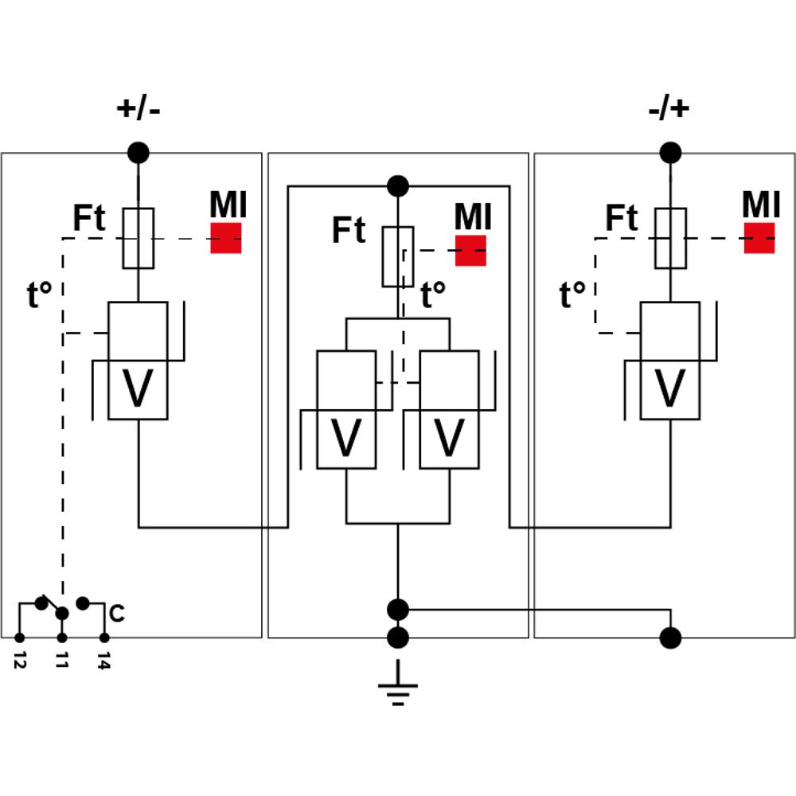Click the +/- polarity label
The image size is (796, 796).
pos(138,108)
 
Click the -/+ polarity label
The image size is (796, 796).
pos(669,108)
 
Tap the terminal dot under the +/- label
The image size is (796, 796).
pos(138,152)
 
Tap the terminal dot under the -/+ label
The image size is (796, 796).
pos(670,152)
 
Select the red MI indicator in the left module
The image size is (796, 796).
pos(226,237)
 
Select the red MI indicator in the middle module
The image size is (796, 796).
pos(470,250)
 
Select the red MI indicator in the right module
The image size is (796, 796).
pos(759,237)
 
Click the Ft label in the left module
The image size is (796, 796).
pos(89,218)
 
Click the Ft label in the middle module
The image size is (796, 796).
pos(349,229)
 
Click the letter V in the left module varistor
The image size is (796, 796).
pos(138,388)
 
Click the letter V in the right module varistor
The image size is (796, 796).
pos(670,388)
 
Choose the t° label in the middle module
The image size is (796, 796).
pos(433,295)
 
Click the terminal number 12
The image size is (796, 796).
pos(20,659)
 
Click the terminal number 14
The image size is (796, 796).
pos(104,661)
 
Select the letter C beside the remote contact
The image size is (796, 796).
pos(117,613)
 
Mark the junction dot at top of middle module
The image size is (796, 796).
pos(398,186)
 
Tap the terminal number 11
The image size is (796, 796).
pos(62,660)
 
